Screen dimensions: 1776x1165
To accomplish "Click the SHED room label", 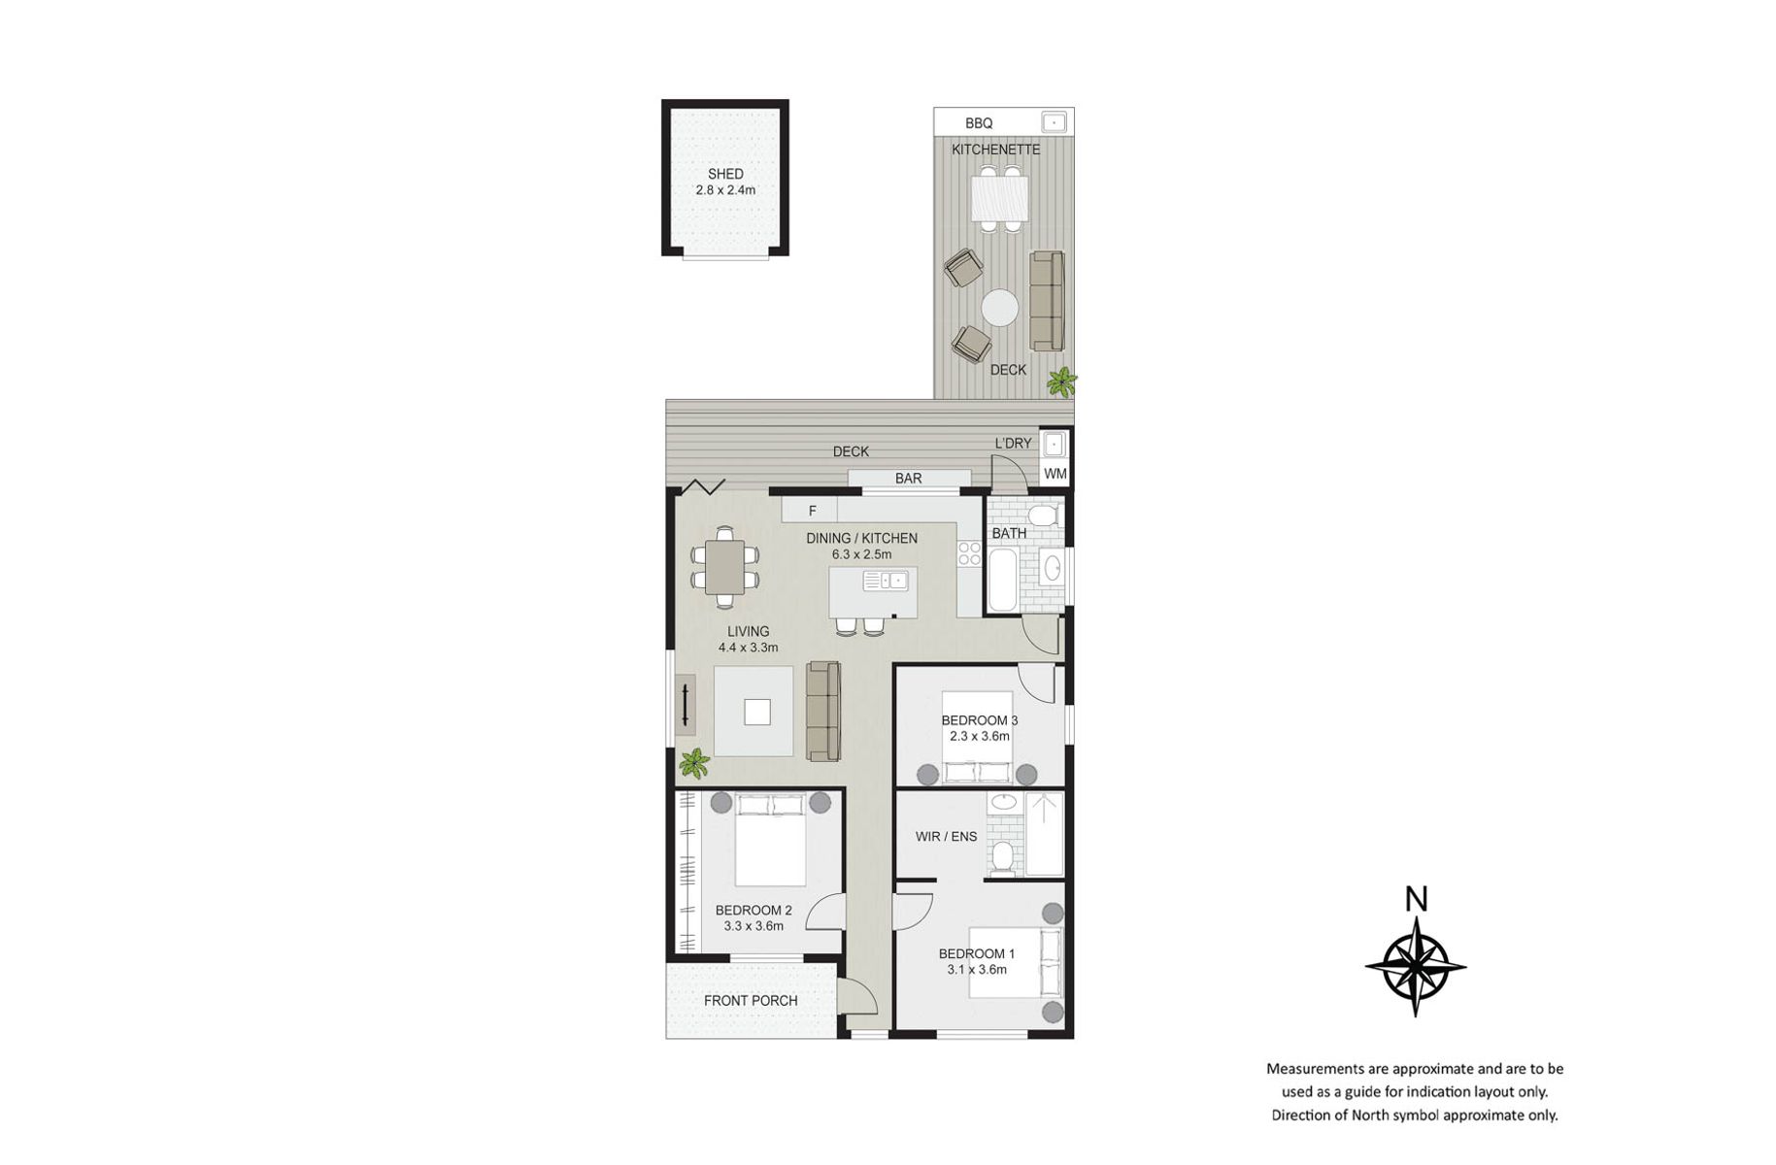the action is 725,174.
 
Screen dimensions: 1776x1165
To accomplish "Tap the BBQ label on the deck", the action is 979,123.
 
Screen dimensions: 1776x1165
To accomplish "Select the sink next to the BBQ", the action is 1054,121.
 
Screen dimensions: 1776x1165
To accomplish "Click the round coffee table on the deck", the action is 999,309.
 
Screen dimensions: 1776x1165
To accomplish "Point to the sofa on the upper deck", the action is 1047,301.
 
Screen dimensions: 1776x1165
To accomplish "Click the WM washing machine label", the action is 1055,474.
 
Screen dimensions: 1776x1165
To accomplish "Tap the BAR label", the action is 908,478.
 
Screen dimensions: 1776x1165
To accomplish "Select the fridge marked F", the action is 811,510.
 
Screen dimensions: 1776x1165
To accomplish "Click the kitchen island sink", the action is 885,581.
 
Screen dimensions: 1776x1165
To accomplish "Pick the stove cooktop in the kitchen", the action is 969,553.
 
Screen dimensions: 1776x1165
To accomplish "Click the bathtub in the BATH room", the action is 1003,580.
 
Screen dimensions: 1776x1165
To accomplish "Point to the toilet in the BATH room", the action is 1042,514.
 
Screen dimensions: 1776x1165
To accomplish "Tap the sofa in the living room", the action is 823,711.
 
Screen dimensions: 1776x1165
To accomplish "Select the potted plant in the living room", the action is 693,764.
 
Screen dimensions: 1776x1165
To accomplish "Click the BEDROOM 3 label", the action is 979,720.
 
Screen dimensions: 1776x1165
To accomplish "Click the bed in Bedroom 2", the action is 771,840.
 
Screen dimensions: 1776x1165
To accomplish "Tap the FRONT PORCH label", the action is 751,1000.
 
